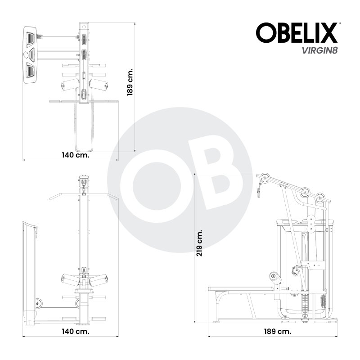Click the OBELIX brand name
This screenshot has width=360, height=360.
[x=297, y=33]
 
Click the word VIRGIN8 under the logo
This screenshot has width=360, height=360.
[x=320, y=50]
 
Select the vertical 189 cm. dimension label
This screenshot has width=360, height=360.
[x=130, y=82]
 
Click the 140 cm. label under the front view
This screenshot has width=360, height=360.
[x=76, y=331]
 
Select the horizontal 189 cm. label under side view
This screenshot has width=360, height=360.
[x=277, y=331]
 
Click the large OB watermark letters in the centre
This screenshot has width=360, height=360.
[x=180, y=180]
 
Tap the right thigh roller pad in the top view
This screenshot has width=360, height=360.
[x=99, y=84]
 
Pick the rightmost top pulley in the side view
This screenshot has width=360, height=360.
[x=320, y=198]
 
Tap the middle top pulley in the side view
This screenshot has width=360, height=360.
[x=306, y=192]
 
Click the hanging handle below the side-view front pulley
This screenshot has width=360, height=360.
[x=260, y=192]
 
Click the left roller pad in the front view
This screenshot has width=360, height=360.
[x=69, y=279]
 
